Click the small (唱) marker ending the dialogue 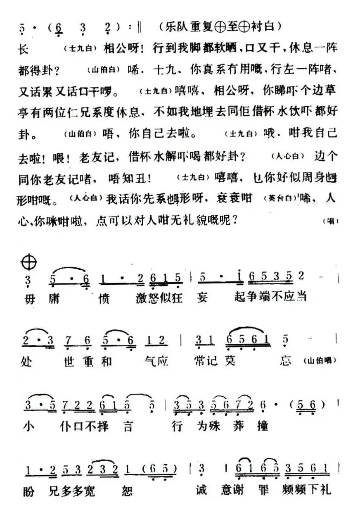tap(330, 221)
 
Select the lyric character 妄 tap(203, 297)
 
